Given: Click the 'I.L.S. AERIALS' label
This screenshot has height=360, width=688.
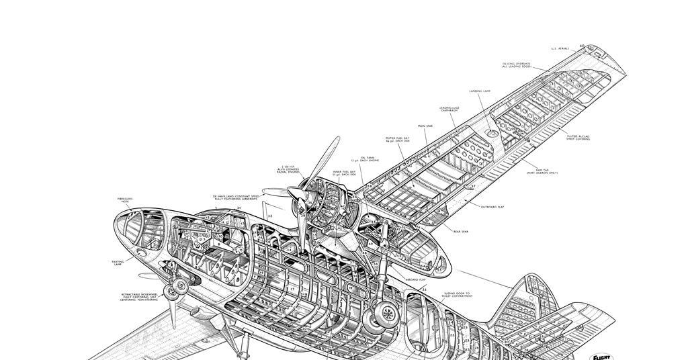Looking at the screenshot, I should tap(560, 48).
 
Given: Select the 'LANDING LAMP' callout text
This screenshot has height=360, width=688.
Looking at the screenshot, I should tap(480, 91).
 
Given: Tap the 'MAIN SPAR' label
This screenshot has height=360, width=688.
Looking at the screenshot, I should tap(425, 126).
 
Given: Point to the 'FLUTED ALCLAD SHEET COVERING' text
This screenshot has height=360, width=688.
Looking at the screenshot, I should tap(578, 137).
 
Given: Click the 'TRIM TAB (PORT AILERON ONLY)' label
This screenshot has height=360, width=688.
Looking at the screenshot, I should tap(542, 172).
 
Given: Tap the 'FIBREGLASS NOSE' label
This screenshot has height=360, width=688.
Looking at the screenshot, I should tap(125, 200).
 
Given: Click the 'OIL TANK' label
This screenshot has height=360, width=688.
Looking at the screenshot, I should tap(367, 159).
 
